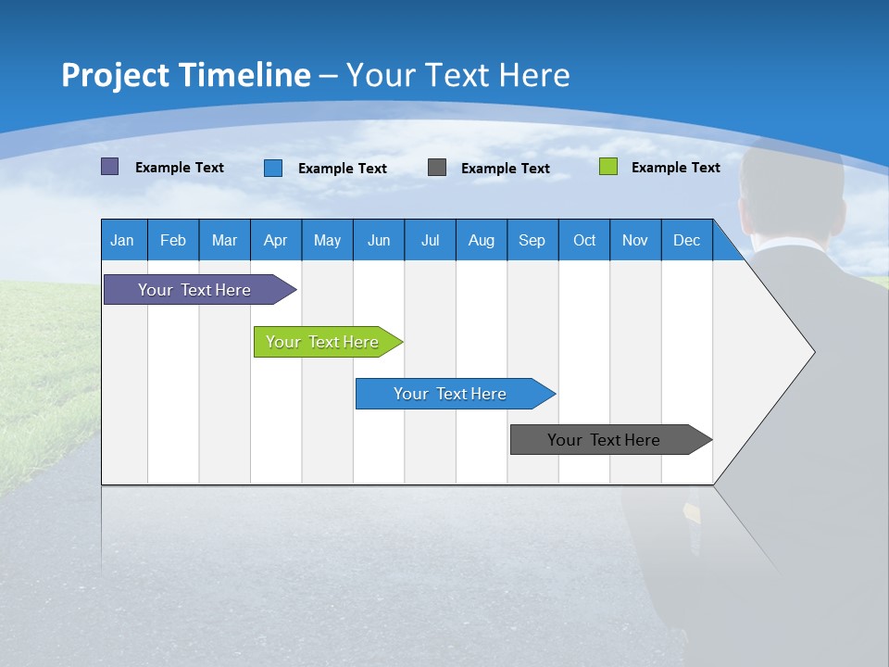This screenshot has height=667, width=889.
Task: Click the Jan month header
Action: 123,240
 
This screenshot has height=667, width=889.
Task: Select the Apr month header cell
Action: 276,240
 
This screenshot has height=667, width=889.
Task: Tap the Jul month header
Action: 430,240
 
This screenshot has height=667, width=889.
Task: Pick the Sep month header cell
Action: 532,240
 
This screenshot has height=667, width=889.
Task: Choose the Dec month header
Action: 686,240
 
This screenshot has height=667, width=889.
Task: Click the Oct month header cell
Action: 584,240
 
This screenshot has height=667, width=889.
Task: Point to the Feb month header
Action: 173,240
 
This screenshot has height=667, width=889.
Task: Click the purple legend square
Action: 109,167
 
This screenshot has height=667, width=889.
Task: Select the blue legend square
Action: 273,168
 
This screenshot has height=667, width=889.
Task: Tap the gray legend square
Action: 437,167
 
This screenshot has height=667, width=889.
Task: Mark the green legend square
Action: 607,167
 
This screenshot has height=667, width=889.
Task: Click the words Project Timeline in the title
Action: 185,75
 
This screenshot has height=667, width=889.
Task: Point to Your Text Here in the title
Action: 457,75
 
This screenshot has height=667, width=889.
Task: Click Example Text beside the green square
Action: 675,168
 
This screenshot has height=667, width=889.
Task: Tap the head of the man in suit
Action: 792,190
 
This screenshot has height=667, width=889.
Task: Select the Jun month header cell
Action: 379,240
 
